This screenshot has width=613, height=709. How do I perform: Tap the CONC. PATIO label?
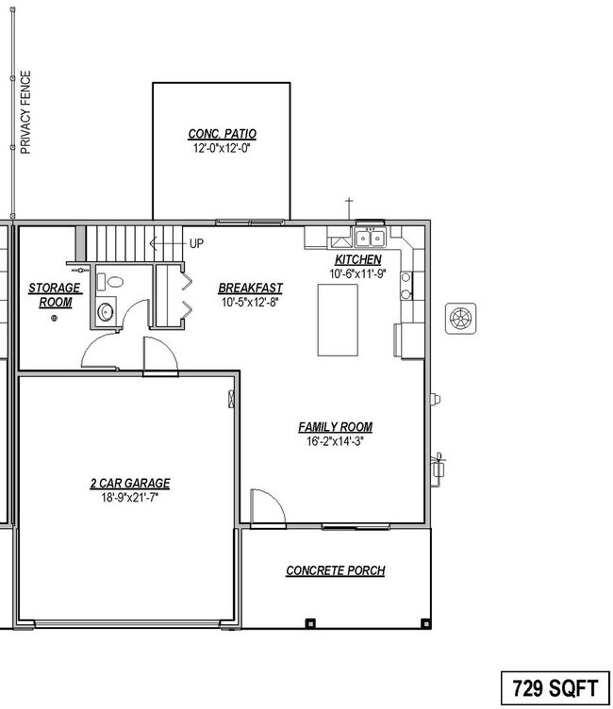point(222,134)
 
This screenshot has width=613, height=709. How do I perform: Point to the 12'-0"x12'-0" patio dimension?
point(222,148)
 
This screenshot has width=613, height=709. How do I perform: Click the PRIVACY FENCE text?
point(26,111)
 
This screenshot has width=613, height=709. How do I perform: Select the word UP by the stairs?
point(196,243)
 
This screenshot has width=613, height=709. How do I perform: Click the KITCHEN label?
point(358,259)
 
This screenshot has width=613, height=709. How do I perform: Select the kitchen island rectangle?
point(338,321)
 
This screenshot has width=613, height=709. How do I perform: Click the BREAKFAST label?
point(250,289)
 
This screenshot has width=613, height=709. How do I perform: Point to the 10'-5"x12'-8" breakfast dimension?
point(250,303)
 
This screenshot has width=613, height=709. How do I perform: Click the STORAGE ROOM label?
point(55,295)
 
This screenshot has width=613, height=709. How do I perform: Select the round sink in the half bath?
point(106,310)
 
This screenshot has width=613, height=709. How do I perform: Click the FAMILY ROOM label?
point(335,427)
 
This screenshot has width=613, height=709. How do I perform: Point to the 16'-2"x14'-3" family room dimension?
point(335,441)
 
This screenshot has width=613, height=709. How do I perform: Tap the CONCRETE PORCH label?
point(335,570)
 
